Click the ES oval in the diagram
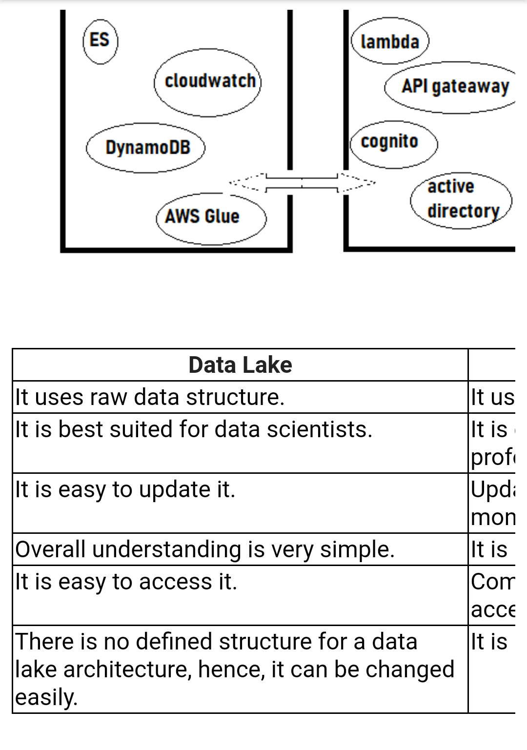pos(100,41)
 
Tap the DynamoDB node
pos(146,147)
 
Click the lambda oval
pos(390,42)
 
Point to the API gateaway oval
pos(454,87)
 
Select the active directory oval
pos(461,200)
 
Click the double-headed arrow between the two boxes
pos(302,183)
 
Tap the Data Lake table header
pos(240,365)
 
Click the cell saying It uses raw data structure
pos(150,397)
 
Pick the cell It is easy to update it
pos(125,489)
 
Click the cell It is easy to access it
pos(126,582)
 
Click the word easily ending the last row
pos(46,697)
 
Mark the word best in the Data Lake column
pos(74,429)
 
